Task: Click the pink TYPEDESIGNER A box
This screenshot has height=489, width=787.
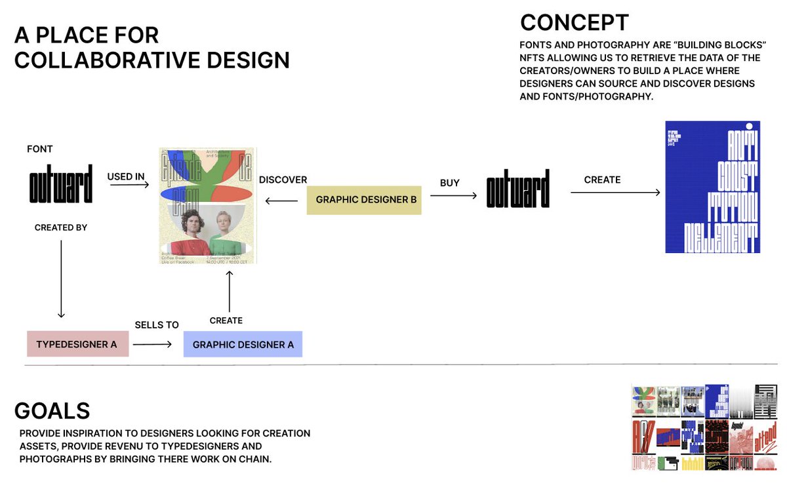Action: tap(77, 344)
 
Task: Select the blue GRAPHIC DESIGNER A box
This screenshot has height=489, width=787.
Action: tap(243, 344)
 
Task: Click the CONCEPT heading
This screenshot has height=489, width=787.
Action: tap(574, 22)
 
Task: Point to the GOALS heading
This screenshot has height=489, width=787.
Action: tap(52, 411)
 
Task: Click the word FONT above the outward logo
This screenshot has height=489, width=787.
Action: tap(40, 149)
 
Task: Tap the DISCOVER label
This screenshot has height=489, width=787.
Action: tap(283, 180)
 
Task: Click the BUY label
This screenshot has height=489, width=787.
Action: tap(450, 183)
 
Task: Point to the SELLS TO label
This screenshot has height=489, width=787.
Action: tap(157, 325)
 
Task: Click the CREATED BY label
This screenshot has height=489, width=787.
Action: tap(61, 227)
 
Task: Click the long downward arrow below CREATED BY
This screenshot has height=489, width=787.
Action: tap(61, 279)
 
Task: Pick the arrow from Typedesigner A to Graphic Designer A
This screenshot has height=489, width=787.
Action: tap(151, 343)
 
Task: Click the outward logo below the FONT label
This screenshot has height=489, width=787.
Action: tap(61, 187)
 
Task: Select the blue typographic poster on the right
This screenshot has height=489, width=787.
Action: tap(712, 187)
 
